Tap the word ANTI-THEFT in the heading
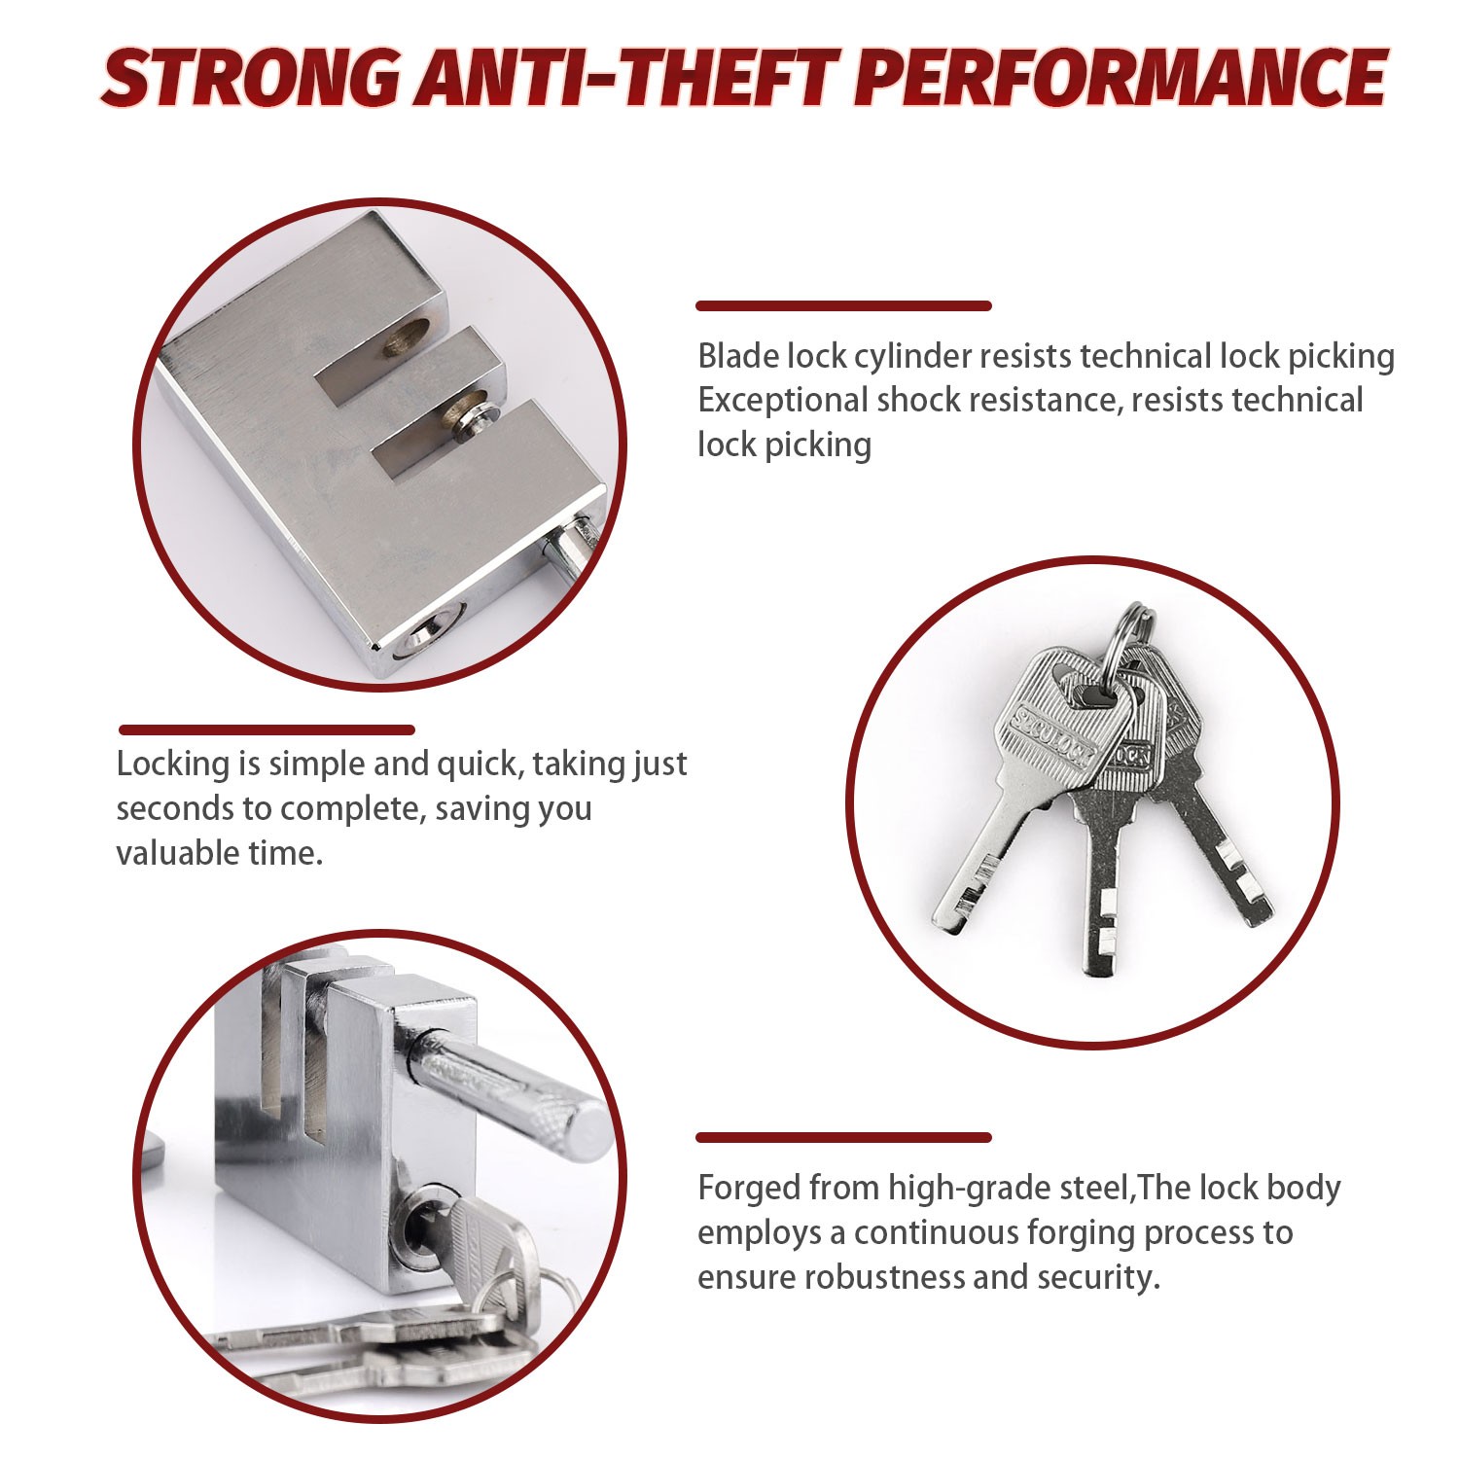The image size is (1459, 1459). (626, 78)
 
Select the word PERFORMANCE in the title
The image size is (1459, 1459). (1123, 78)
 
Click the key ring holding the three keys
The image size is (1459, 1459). (1133, 627)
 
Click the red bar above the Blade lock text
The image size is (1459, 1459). (843, 306)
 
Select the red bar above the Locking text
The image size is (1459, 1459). (267, 729)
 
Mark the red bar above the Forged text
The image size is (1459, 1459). (843, 1137)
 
